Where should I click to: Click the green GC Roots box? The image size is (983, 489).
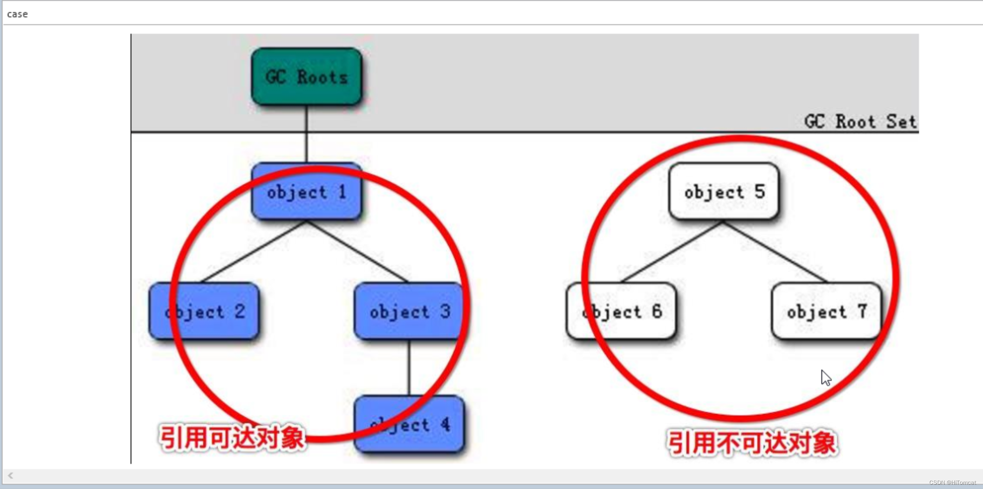(x=306, y=77)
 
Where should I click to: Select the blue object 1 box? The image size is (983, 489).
(x=306, y=192)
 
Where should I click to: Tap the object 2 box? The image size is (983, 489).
(x=204, y=311)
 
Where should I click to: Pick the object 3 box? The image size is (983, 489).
(x=409, y=311)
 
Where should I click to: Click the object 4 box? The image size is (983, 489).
(x=409, y=425)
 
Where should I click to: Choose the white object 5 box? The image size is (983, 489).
(x=724, y=192)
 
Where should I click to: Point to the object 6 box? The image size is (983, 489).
(x=621, y=311)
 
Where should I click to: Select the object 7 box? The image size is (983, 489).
(x=827, y=311)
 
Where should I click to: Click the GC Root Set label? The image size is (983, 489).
(x=860, y=122)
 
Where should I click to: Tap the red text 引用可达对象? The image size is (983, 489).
(x=232, y=438)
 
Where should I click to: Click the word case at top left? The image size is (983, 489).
(x=17, y=14)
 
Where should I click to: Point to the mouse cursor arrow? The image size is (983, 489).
(x=826, y=378)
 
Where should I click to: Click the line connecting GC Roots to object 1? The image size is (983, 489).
(x=306, y=134)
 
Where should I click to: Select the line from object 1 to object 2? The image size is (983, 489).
(x=255, y=251)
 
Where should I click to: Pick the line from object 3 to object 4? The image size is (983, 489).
(x=409, y=367)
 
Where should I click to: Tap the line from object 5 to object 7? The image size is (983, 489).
(x=775, y=251)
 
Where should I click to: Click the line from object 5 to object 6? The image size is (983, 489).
(x=673, y=251)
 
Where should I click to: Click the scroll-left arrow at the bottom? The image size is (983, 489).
(x=11, y=476)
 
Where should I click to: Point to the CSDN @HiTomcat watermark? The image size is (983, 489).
(x=952, y=483)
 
